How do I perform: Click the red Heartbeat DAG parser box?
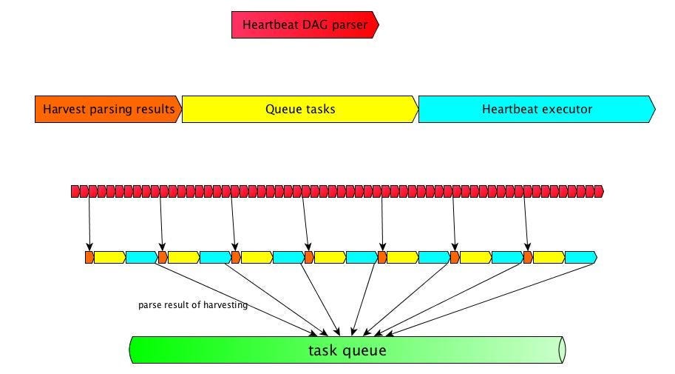coord(305,25)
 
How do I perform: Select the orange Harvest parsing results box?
coord(108,109)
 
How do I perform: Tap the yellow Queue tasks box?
coord(299,109)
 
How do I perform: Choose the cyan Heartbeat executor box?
coord(536,109)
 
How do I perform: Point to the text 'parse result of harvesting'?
coord(192,305)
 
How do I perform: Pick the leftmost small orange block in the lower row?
coord(89,258)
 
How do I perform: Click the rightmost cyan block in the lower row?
coord(580,258)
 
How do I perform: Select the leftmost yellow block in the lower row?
coord(109,258)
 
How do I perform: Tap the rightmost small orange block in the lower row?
coord(528,258)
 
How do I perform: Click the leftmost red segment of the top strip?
coord(75,192)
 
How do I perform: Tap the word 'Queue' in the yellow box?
coord(282,109)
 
